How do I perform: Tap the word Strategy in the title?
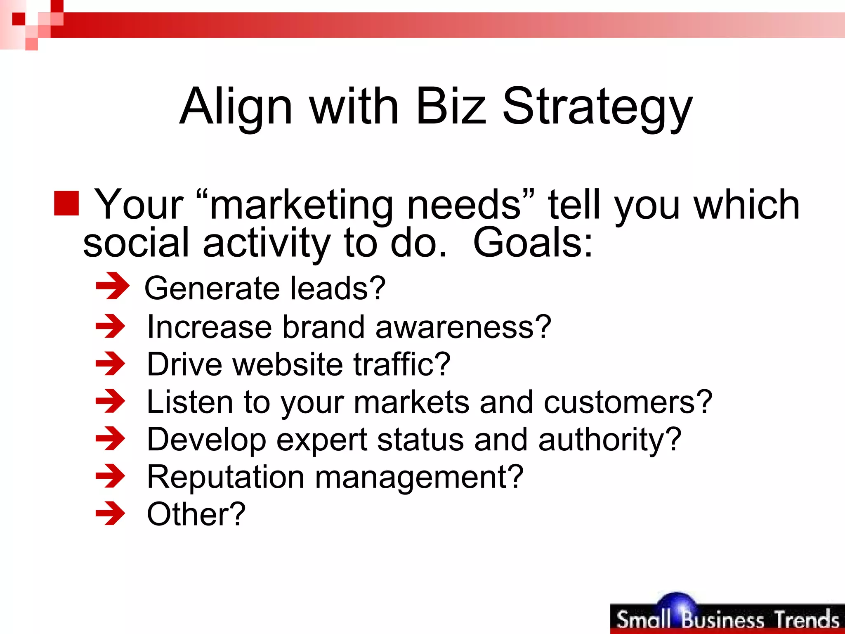pos(597,106)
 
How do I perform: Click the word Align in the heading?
pos(236,106)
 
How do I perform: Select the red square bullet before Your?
pos(66,203)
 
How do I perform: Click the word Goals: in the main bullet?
pos(533,243)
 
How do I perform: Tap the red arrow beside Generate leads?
pos(112,286)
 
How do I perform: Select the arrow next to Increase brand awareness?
pos(110,326)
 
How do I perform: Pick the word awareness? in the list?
pos(463,327)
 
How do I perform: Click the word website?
pos(288,364)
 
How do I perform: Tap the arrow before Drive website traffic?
pos(110,364)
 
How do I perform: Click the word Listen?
pos(190,402)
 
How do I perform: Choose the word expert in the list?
pos(321,440)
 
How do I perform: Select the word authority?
pos(610,440)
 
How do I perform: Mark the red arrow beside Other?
pos(110,513)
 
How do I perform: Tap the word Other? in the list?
pos(196,514)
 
